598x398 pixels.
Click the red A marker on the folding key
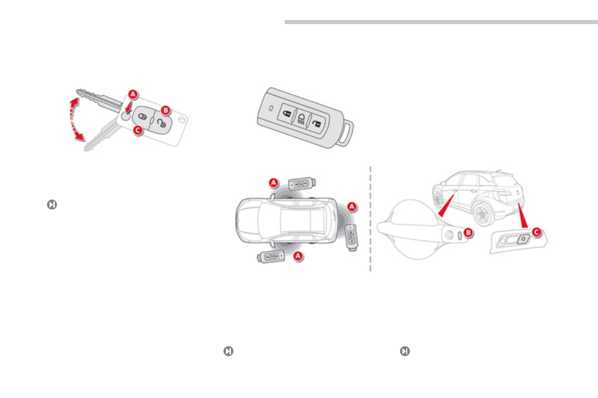[132, 94]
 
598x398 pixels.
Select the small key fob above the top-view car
[301, 184]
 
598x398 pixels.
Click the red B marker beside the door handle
[468, 233]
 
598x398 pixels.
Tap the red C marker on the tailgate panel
[537, 232]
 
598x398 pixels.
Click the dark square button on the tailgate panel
[523, 240]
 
